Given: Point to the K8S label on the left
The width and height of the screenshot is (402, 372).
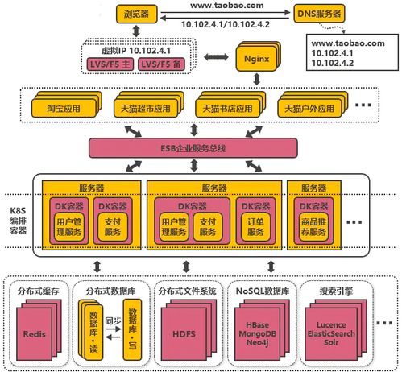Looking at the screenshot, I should pyautogui.click(x=15, y=196).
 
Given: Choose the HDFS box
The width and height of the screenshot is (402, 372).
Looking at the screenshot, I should pyautogui.click(x=186, y=333).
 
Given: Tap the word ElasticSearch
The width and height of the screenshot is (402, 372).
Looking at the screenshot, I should pyautogui.click(x=332, y=332).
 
